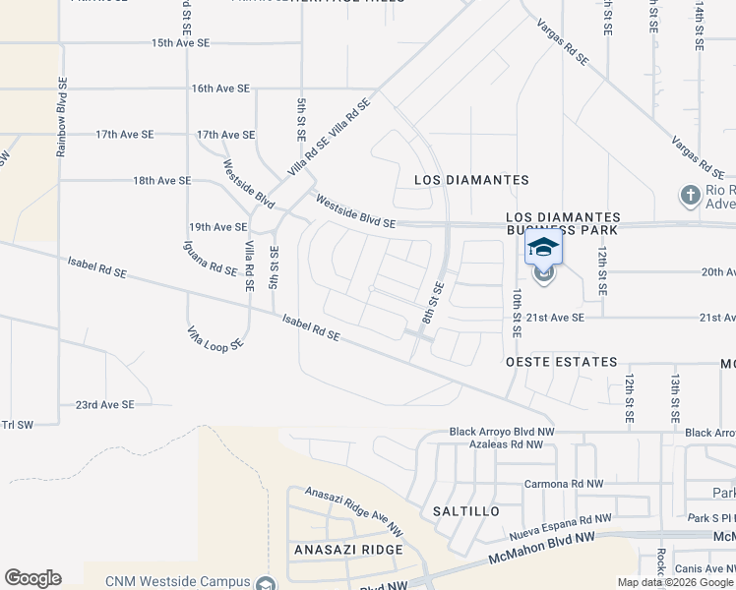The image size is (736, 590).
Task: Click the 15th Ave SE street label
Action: (181, 43)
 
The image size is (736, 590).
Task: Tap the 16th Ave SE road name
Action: (221, 88)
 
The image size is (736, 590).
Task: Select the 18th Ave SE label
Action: (162, 181)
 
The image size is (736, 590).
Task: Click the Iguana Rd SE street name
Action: (211, 258)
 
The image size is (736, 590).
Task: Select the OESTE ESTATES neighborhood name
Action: (561, 363)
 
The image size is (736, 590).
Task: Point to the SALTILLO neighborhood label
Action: (466, 512)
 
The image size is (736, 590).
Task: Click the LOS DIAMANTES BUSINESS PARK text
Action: (563, 222)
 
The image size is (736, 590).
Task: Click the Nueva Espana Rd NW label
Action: (561, 527)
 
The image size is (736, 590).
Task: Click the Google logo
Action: (32, 578)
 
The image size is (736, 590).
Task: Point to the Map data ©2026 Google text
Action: (674, 582)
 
